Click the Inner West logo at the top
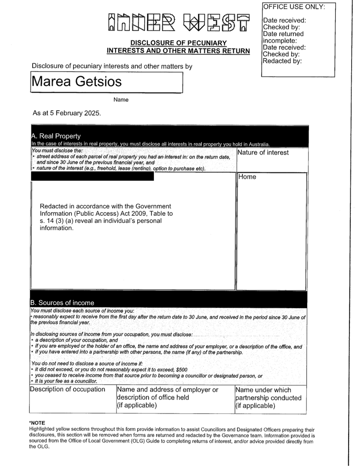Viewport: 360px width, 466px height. (180, 22)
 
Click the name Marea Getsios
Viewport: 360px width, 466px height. (77, 82)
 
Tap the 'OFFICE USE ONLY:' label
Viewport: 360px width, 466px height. (294, 6)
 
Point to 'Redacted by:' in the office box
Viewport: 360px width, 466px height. (282, 61)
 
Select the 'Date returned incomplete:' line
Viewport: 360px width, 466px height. (283, 37)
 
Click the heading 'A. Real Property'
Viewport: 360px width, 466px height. (56, 136)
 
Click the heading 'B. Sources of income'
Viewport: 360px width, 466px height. (62, 303)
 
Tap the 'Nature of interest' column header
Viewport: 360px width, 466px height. (263, 152)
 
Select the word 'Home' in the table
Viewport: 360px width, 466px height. (247, 177)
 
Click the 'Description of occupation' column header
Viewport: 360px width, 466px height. (67, 389)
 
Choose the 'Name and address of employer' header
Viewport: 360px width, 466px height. (168, 390)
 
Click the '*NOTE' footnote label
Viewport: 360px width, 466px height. (37, 422)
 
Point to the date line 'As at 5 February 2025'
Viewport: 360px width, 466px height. (67, 113)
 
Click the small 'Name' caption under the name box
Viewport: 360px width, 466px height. (121, 100)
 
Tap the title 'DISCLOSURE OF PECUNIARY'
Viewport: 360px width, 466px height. (179, 43)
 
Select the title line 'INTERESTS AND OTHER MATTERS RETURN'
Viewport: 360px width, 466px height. (178, 51)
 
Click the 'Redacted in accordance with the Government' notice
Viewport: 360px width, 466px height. (106, 206)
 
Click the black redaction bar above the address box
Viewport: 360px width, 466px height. (92, 176)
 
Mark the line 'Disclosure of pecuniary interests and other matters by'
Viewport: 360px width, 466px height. (112, 66)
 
